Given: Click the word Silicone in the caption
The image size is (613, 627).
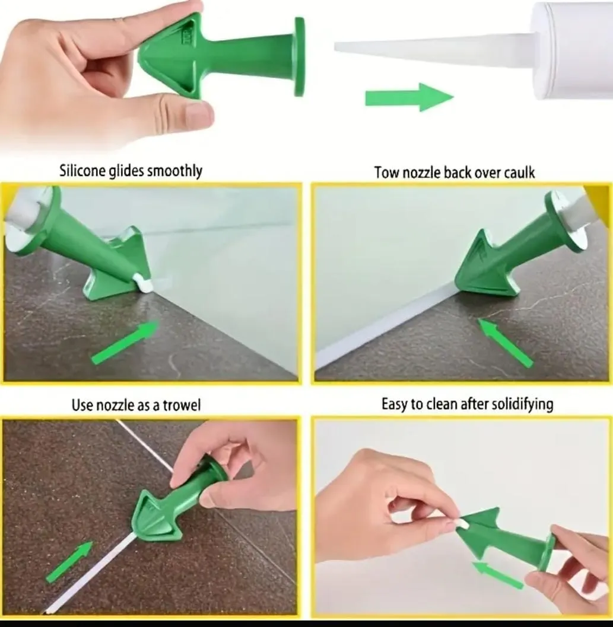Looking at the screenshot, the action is coord(82,171).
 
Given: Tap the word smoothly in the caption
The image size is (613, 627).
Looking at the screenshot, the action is coord(174,171).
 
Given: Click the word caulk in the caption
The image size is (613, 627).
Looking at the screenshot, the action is coord(519,172).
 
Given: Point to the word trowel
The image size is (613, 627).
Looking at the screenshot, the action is coord(182,405).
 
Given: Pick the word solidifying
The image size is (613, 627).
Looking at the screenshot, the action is coord(523,405).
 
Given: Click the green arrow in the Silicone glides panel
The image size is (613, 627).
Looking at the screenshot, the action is coord(125,343).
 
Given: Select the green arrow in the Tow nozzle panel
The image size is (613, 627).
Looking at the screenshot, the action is coord(504,342).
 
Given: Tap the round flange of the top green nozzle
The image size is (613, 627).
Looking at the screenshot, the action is coord(300,57).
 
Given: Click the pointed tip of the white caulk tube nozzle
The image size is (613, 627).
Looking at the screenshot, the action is coord(336,47).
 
